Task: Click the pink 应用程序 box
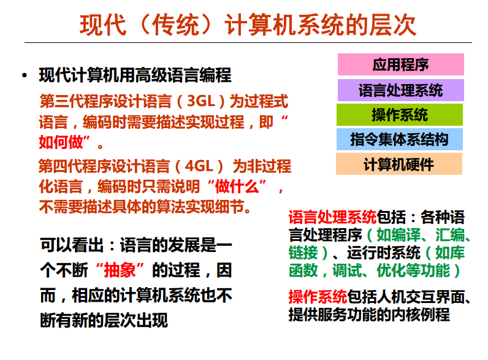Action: (400, 64)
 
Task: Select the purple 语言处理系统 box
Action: (400, 90)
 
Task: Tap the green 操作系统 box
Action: (400, 115)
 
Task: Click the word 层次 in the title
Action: (393, 25)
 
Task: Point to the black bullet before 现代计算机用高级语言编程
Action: (24, 76)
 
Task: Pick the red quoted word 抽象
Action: (123, 269)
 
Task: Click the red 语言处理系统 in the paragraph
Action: (332, 217)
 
